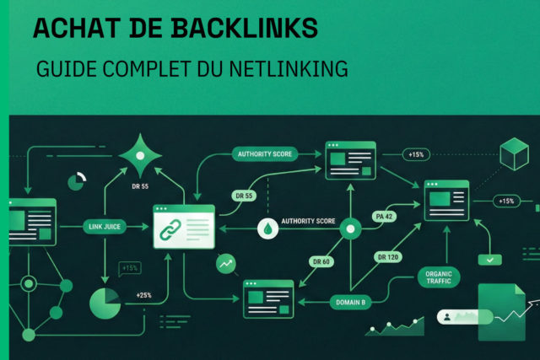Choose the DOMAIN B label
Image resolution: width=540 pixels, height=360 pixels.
click(x=327, y=301)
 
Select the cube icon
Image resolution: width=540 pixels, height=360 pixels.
click(x=513, y=156)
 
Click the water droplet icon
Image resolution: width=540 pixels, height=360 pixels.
click(x=267, y=228)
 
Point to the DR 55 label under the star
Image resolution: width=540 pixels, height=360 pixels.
click(x=140, y=185)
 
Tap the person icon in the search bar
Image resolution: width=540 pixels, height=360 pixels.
click(x=444, y=317)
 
